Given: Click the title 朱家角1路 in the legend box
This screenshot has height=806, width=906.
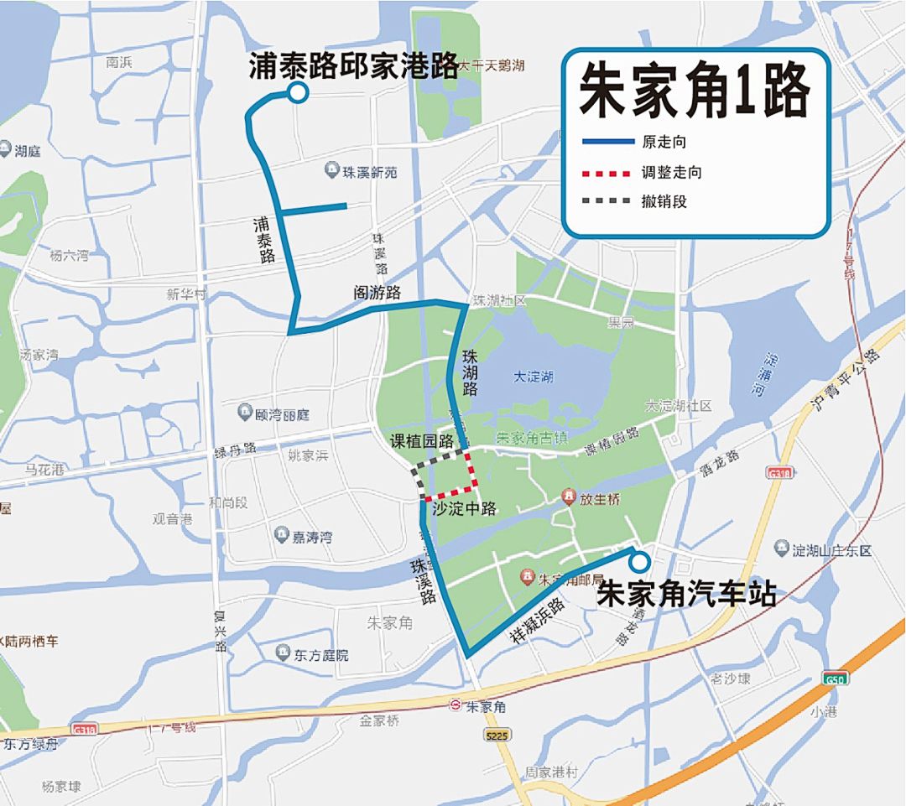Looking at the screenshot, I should [x=695, y=91].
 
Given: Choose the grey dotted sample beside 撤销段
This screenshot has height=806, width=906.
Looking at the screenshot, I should [x=606, y=201].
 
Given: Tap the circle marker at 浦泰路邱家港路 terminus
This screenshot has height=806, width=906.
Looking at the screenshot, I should [x=297, y=94].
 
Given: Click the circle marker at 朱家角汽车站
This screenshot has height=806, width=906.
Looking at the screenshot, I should [x=640, y=561].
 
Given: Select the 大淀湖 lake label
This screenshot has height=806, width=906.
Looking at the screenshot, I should [x=533, y=377].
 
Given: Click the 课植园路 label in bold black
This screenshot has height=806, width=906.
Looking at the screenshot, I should [x=421, y=441].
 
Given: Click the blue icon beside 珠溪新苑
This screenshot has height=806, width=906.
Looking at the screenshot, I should [x=332, y=171].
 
